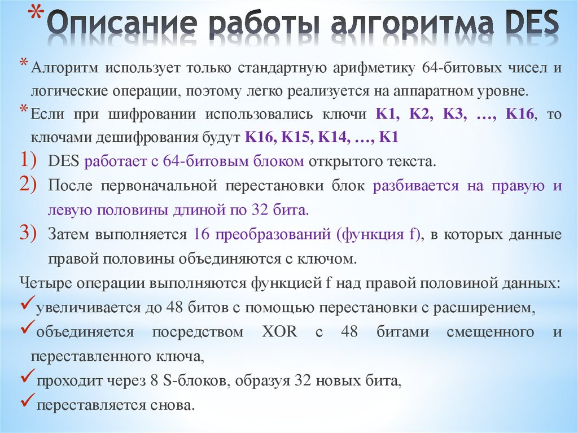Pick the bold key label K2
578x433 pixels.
click(420, 113)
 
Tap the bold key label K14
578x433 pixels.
click(335, 137)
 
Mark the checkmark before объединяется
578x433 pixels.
click(25, 330)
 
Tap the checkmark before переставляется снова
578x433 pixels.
click(25, 404)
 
